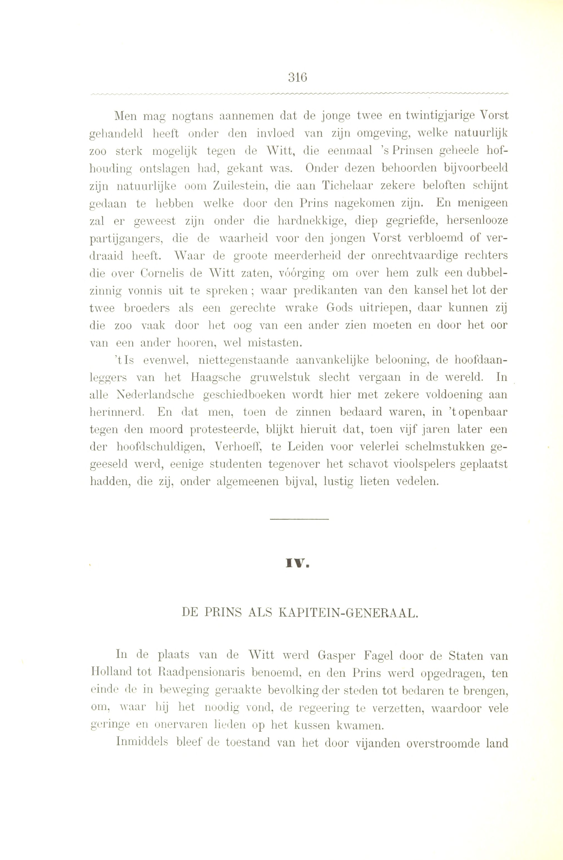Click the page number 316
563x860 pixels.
(x=298, y=77)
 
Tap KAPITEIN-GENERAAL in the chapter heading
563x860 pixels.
(x=349, y=614)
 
